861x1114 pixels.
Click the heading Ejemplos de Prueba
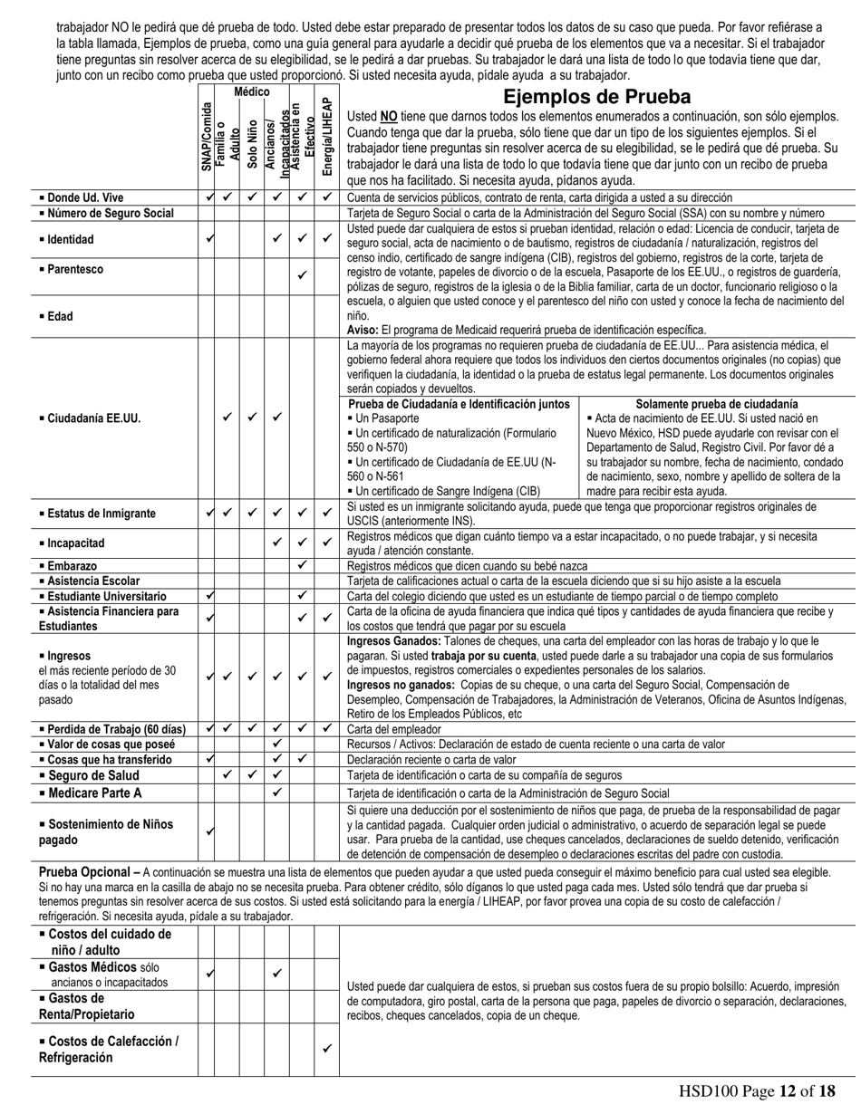coord(596,97)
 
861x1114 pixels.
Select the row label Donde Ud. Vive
coord(81,197)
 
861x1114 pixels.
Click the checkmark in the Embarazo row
coord(303,565)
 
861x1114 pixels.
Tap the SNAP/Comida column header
coord(208,137)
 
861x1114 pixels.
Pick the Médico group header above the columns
coord(252,92)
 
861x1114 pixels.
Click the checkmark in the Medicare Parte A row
coord(277,792)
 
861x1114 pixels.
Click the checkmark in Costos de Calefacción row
coord(327,1049)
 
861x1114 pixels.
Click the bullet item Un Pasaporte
coord(383,419)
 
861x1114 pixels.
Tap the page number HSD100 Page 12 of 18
coord(757,1091)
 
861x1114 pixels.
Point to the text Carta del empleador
coord(395,728)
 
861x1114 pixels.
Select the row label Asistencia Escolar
coord(89,581)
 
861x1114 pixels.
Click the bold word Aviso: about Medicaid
coord(363,330)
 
